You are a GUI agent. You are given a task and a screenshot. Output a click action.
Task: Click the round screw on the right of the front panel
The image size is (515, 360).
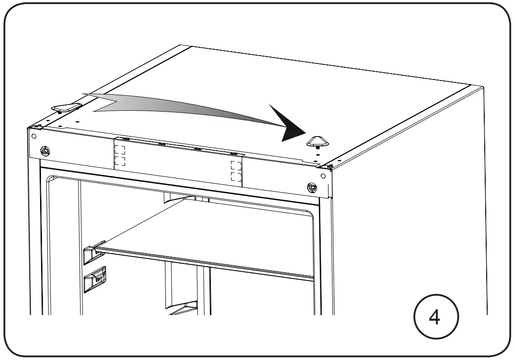pos(311,187)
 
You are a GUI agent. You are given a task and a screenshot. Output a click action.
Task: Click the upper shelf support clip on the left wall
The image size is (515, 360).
pos(94,251)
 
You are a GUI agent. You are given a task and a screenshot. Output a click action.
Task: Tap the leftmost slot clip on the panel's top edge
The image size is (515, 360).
pos(125,139)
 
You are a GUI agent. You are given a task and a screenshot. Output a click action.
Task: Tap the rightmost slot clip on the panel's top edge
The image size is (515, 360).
pos(234,154)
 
